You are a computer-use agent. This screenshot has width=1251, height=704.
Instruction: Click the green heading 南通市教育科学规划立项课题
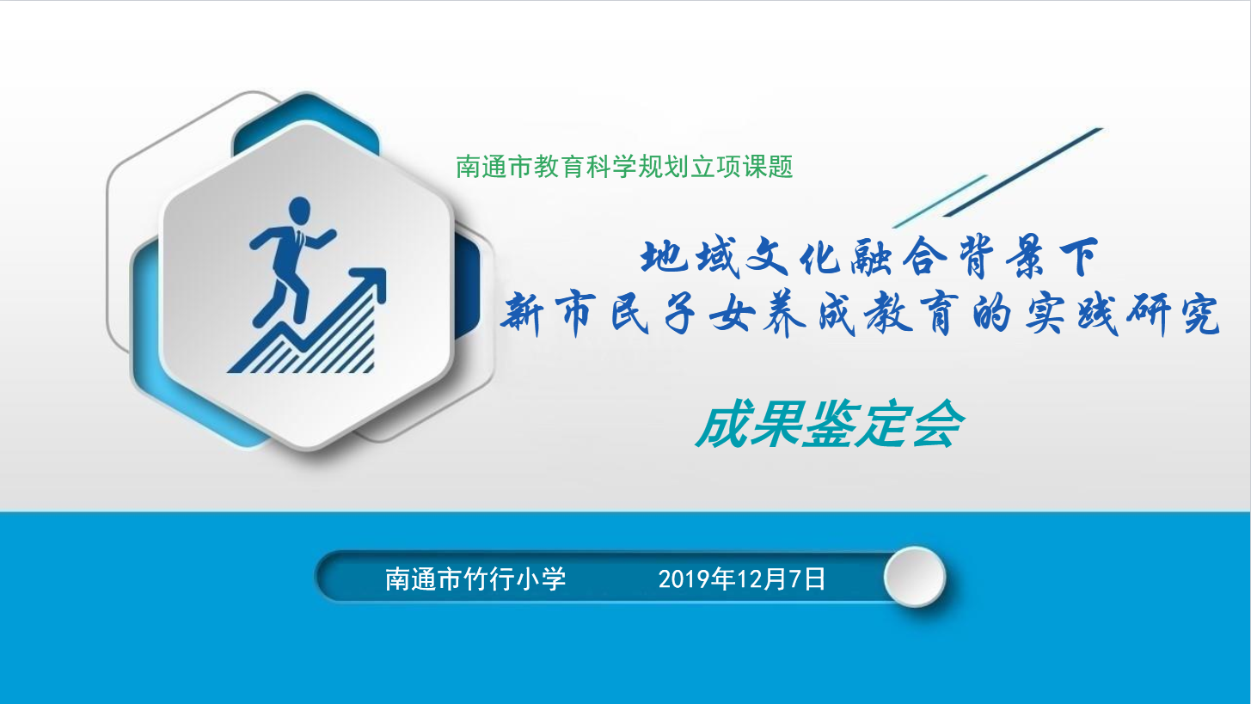coord(624,167)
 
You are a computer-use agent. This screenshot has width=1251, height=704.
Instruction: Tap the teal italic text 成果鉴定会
coord(830,425)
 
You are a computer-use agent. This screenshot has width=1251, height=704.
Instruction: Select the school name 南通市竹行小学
coord(475,579)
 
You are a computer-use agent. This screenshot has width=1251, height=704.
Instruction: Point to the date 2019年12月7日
coord(742,579)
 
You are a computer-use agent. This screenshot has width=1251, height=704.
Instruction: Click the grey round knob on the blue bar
coord(915,577)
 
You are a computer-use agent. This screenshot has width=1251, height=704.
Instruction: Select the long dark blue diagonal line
coord(1023,172)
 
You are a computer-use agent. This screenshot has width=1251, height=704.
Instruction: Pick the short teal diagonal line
coord(940,201)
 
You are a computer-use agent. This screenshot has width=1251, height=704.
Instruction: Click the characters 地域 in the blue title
coord(690,258)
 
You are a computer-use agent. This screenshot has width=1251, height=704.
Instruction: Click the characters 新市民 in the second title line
coord(575,315)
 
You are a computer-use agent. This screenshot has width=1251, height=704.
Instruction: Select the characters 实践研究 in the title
coord(1123,315)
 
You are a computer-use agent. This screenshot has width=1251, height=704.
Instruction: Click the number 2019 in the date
coord(684,579)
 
